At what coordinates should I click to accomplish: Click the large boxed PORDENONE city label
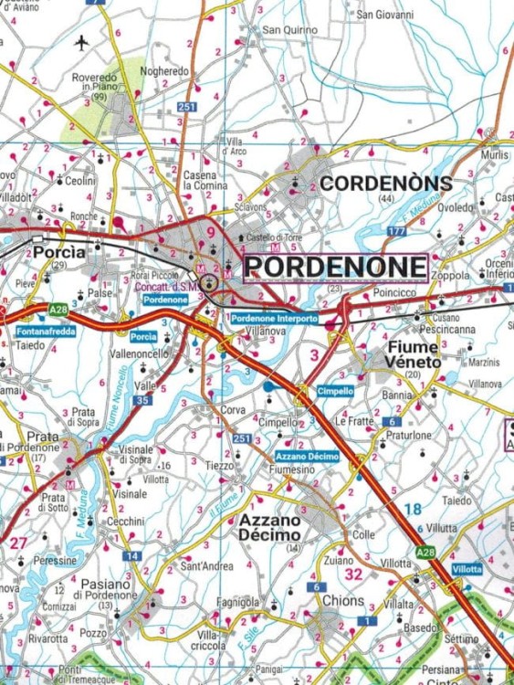click(337, 268)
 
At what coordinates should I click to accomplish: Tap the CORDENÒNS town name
click(385, 184)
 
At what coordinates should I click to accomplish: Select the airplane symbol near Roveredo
click(82, 43)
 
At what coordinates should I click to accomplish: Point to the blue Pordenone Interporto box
click(275, 319)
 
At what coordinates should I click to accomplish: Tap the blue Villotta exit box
click(467, 568)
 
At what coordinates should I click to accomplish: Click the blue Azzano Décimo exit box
click(307, 456)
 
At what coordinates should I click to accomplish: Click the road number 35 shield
click(142, 400)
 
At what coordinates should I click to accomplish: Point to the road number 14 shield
click(132, 555)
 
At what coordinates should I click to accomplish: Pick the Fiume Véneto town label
click(402, 354)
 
